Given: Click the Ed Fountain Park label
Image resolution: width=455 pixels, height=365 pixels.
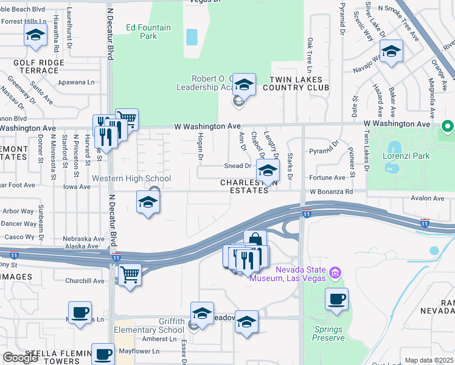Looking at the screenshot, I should (x=149, y=32).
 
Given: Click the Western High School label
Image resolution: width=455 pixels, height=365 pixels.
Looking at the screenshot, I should (x=131, y=178).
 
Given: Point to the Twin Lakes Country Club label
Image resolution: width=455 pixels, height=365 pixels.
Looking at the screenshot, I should (x=296, y=83).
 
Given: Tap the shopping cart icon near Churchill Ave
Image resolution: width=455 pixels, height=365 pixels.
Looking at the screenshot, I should (x=130, y=274).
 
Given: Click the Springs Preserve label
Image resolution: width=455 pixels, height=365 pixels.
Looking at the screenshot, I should (x=328, y=333).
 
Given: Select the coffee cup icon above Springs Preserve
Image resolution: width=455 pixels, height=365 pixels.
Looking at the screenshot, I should (x=336, y=299).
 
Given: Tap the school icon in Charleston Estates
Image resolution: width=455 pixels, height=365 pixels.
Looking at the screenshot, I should (x=267, y=171).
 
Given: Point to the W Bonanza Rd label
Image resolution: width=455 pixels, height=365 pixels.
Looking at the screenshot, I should (x=331, y=191).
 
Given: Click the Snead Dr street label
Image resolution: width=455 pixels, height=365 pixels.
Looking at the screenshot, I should (x=237, y=165).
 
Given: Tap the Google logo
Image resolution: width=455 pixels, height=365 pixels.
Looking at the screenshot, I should (x=21, y=358).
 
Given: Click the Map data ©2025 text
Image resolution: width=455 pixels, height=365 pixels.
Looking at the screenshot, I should (x=429, y=360).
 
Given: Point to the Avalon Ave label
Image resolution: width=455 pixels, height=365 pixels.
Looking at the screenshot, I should (x=428, y=198).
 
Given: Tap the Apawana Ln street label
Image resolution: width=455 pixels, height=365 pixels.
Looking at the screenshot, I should (x=77, y=82).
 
